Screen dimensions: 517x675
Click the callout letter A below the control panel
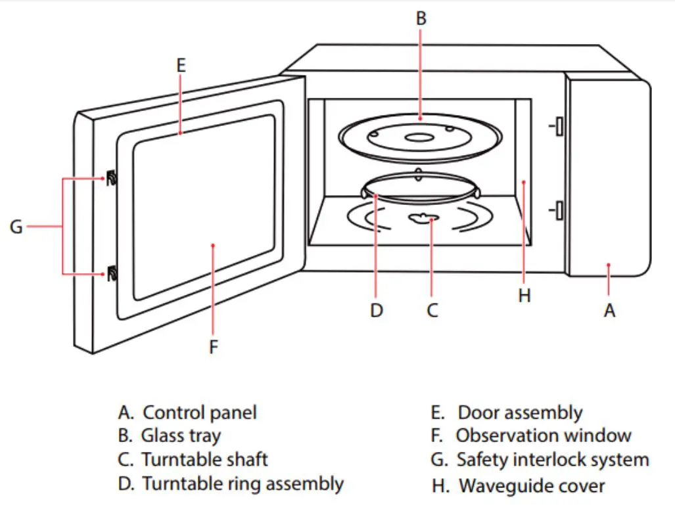[609, 311]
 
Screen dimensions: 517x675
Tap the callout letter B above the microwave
[421, 19]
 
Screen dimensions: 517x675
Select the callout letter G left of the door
[16, 227]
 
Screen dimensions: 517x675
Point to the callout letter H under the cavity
[524, 296]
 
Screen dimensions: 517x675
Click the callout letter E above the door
[181, 65]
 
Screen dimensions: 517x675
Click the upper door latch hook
[111, 177]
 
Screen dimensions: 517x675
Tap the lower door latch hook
[111, 272]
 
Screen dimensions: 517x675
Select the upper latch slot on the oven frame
[558, 127]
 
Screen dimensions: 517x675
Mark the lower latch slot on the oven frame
[558, 211]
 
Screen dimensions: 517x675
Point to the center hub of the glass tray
[418, 138]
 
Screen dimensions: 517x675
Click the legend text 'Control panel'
[199, 413]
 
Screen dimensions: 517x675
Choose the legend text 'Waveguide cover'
[531, 486]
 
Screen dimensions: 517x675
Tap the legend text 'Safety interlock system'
[552, 460]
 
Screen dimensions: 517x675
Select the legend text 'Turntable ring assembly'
[243, 484]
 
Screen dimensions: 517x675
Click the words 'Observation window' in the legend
[544, 436]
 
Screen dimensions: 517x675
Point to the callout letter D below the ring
[376, 310]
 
